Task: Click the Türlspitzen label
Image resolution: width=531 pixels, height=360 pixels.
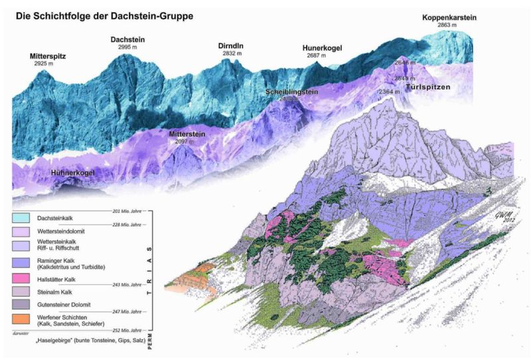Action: pyautogui.click(x=433, y=87)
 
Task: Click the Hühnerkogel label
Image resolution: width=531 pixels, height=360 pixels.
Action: pyautogui.click(x=72, y=173)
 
